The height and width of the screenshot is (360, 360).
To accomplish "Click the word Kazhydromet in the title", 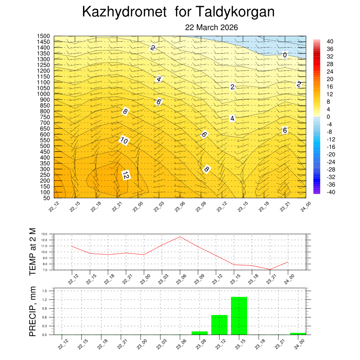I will point(124,13).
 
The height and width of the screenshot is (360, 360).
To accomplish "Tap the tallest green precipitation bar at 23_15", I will point(239,316).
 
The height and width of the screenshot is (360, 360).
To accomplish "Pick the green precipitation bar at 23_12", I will point(219,325).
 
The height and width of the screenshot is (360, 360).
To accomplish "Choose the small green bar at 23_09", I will point(200,333).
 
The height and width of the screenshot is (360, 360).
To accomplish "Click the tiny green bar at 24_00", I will point(298,334).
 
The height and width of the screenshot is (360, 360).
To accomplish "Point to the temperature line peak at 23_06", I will point(180,237).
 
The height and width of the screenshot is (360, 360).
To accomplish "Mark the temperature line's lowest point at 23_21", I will point(270,269).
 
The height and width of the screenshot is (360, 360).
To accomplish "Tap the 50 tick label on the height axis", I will point(47,198).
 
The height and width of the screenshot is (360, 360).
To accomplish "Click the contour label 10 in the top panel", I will point(124,141).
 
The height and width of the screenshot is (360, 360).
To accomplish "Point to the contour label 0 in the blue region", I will point(285,55).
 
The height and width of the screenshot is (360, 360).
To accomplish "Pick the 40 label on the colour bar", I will point(330,41).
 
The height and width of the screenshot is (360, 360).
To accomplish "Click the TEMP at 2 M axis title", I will point(33,252).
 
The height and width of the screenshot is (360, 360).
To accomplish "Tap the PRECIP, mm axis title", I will point(33,312).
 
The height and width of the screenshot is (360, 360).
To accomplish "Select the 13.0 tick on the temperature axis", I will point(44,234).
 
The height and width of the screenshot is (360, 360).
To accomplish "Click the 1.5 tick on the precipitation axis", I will point(45,291).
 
